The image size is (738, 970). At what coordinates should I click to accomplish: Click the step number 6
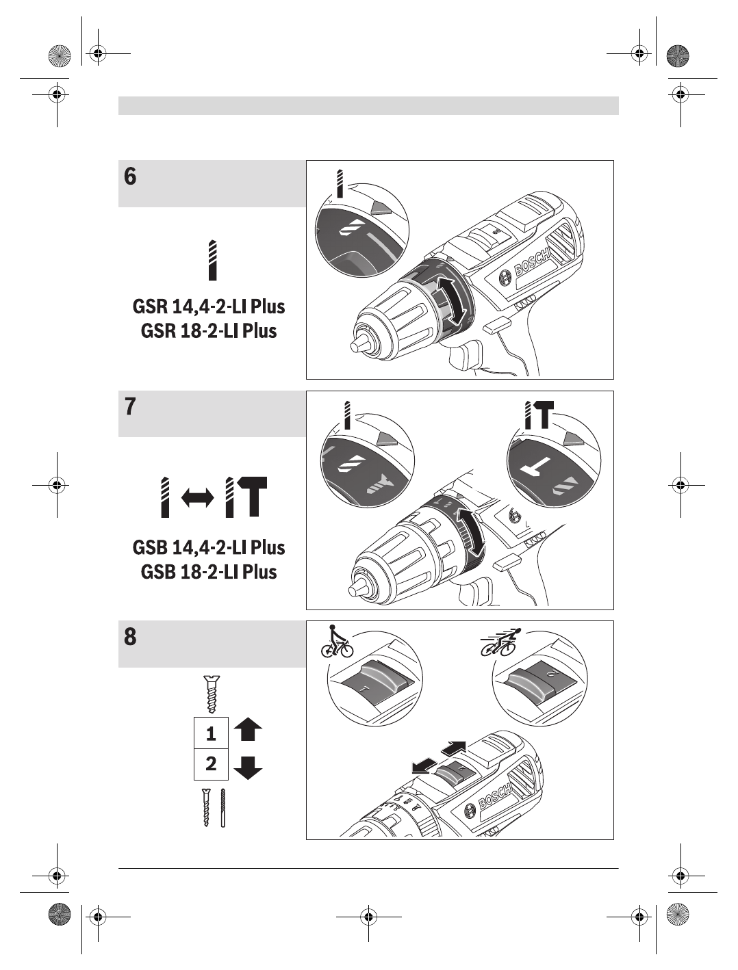coord(130,176)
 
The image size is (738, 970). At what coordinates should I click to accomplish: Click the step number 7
coord(130,406)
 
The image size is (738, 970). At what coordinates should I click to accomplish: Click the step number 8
coord(130,637)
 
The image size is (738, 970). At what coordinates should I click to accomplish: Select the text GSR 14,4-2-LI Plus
coord(209,306)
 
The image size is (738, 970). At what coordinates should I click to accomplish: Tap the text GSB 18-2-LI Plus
coord(209,571)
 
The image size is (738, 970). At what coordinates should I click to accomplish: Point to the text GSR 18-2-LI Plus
coord(209,330)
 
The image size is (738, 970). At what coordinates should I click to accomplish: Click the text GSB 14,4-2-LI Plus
coord(209,547)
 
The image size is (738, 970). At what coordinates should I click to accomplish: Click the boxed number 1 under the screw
coord(211,733)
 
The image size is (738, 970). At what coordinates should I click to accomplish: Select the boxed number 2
coord(211,763)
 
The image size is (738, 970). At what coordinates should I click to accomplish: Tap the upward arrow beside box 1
coord(248,730)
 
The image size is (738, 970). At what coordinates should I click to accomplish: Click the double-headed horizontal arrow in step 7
coord(198,497)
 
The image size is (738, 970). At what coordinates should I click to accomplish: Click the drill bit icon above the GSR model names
coord(213,260)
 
